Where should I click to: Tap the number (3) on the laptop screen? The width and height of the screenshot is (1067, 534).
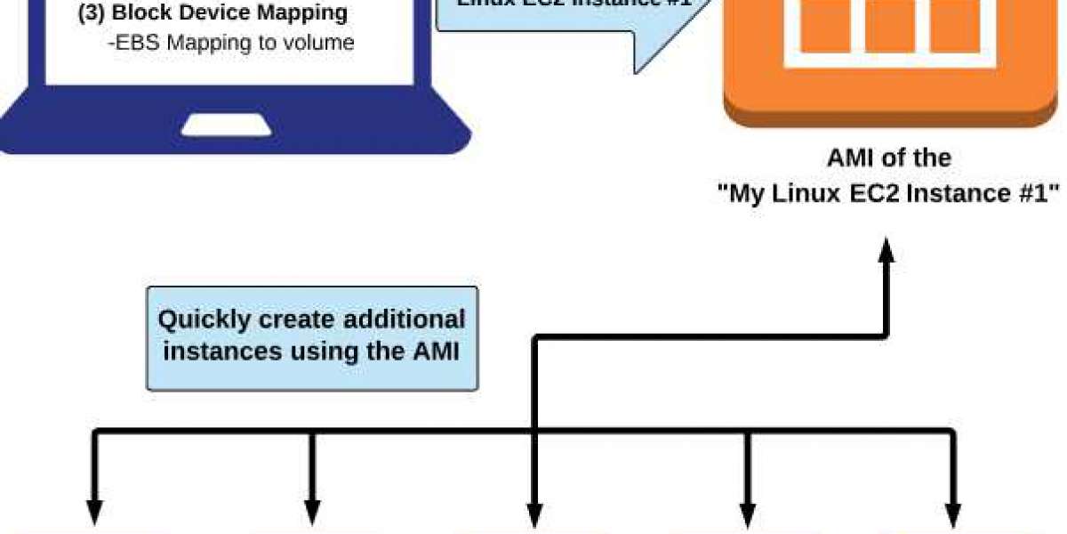(x=92, y=14)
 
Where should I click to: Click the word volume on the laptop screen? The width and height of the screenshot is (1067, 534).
(x=321, y=42)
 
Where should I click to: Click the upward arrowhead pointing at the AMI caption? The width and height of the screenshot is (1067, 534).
(x=886, y=255)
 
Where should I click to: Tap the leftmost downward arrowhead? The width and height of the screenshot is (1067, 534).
(x=94, y=514)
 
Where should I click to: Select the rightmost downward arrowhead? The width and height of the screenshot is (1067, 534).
(x=954, y=514)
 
